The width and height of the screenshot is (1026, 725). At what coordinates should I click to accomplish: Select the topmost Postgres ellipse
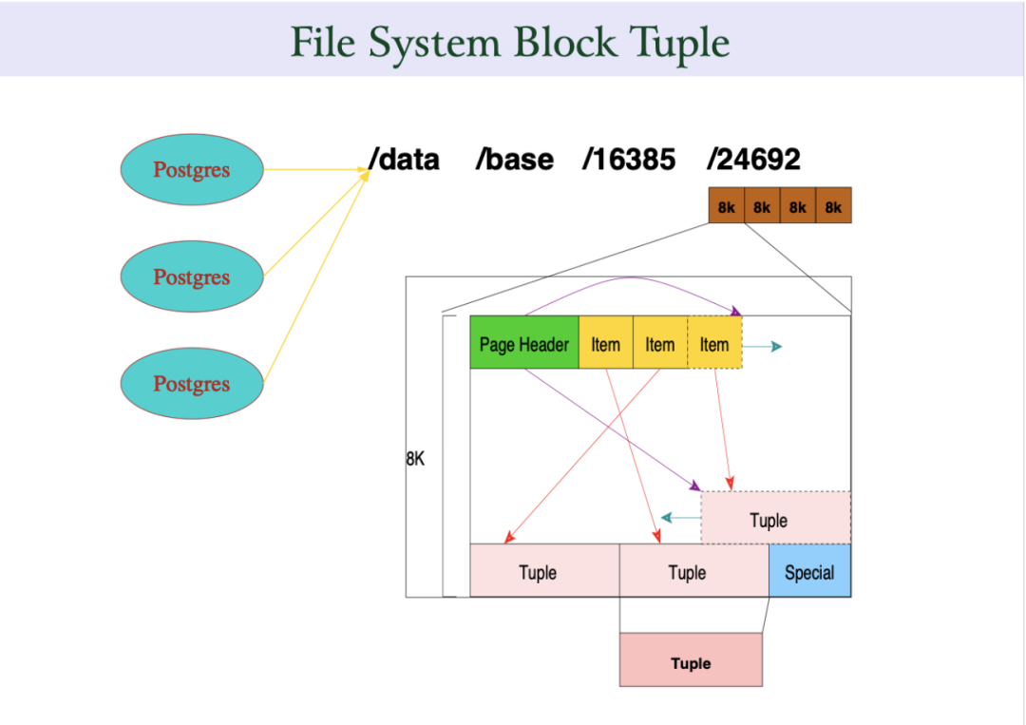[191, 170]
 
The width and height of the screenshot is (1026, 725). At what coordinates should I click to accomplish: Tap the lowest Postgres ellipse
[191, 384]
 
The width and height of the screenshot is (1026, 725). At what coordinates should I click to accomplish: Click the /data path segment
[406, 160]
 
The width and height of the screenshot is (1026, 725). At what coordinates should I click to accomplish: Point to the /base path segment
[515, 160]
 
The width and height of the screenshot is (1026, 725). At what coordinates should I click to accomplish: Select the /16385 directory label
[629, 160]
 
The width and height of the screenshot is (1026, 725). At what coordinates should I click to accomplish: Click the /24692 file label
[753, 160]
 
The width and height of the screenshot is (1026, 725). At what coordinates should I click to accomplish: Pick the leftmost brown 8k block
[726, 205]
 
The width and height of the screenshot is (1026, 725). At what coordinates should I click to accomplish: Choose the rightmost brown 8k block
[833, 205]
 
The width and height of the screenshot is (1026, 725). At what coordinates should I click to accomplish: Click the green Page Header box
[524, 344]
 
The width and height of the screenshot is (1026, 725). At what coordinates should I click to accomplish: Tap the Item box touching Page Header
[605, 344]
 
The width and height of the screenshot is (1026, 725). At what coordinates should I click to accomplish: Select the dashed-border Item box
[714, 344]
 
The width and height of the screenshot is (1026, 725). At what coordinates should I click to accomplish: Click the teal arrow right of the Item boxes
[763, 347]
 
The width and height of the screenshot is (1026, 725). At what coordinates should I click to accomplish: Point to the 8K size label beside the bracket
[415, 458]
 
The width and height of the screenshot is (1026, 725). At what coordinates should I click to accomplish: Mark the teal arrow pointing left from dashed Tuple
[679, 518]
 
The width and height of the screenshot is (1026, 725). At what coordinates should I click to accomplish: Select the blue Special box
[809, 571]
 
